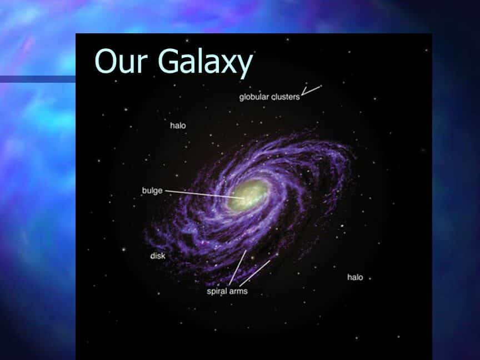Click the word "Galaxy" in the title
tap(206, 63)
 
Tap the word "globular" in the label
tap(254, 97)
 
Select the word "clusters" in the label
tap(286, 97)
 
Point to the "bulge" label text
tap(152, 191)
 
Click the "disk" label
tap(158, 256)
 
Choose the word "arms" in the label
tap(238, 291)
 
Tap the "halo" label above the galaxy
tap(178, 125)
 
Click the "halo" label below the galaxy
tap(355, 277)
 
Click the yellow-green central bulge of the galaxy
tap(248, 194)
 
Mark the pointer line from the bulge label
tap(204, 194)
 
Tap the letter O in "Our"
tap(106, 61)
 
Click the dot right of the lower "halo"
tap(370, 278)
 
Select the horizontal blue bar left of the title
tap(38, 79)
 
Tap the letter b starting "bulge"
tap(144, 190)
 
